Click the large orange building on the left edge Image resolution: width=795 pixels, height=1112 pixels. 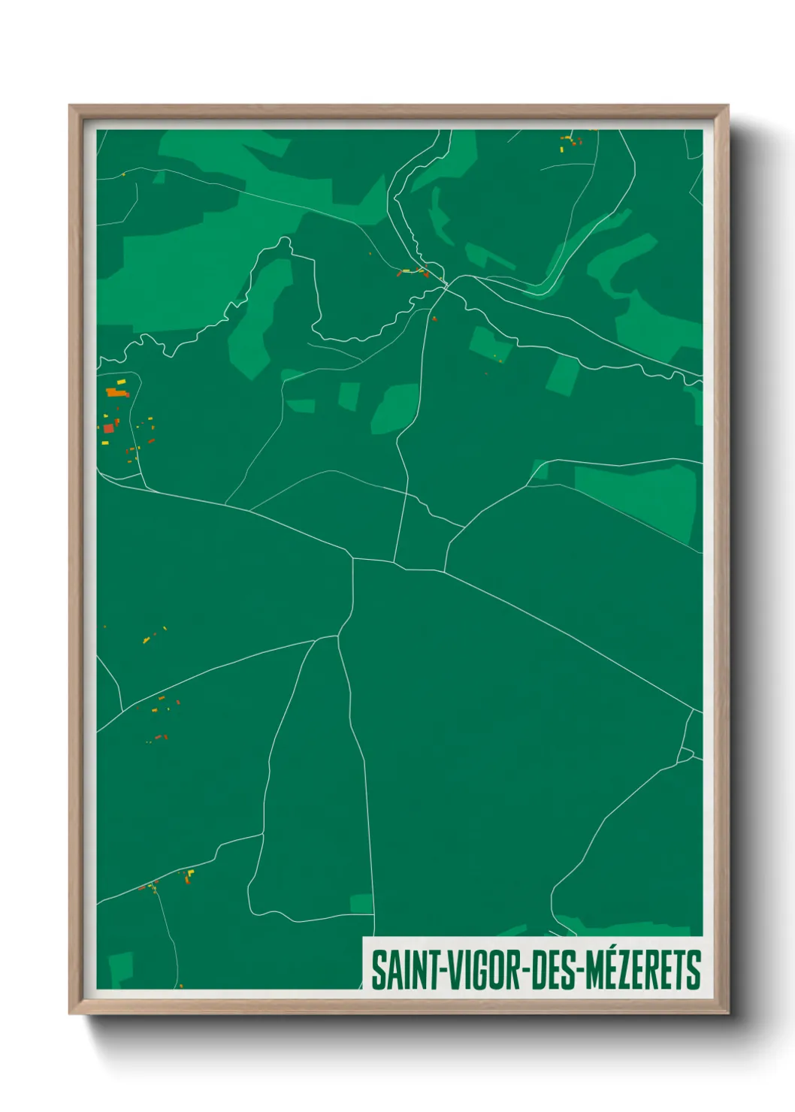tap(116, 391)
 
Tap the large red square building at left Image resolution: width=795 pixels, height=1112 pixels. tap(108, 428)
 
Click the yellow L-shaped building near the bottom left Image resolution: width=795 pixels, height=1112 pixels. tap(190, 873)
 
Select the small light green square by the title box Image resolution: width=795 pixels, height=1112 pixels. tap(362, 904)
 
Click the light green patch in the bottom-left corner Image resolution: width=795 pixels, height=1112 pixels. tap(120, 968)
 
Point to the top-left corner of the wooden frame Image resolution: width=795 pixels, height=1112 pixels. tap(70, 106)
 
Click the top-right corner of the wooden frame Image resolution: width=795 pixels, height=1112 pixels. tap(727, 106)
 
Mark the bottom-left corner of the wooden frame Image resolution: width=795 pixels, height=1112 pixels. tap(70, 1014)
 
